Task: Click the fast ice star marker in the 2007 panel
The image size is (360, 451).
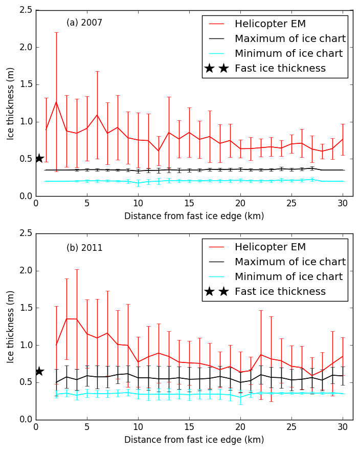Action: pyautogui.click(x=39, y=158)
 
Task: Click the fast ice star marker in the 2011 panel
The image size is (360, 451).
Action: pyautogui.click(x=39, y=371)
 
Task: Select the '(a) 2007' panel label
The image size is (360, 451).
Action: pyautogui.click(x=84, y=23)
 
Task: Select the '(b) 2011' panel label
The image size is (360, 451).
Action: pyautogui.click(x=84, y=248)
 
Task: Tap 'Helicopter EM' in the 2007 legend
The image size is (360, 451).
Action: pyautogui.click(x=270, y=24)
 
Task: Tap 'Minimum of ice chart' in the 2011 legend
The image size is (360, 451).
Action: pyautogui.click(x=288, y=277)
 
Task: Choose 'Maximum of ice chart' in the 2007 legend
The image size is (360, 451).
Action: pyautogui.click(x=290, y=39)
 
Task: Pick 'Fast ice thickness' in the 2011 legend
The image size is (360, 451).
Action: pyautogui.click(x=280, y=292)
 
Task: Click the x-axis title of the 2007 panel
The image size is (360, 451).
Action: pyautogui.click(x=194, y=216)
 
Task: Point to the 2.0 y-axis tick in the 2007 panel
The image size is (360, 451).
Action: pyautogui.click(x=25, y=48)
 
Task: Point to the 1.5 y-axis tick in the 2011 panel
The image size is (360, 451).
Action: pyautogui.click(x=25, y=308)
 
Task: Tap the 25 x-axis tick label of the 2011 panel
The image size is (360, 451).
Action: pyautogui.click(x=291, y=426)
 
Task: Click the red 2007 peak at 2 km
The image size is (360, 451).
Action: pyautogui.click(x=56, y=102)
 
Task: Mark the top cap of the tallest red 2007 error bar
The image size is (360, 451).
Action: pyautogui.click(x=56, y=33)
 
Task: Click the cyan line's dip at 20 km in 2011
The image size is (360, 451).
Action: pyautogui.click(x=240, y=397)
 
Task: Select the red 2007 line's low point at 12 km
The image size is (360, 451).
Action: pyautogui.click(x=159, y=151)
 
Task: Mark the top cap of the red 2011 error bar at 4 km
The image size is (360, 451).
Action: pyautogui.click(x=77, y=269)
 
